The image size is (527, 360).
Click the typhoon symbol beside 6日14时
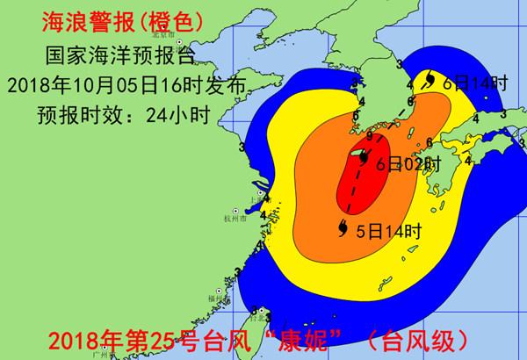pyautogui.click(x=429, y=81)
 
